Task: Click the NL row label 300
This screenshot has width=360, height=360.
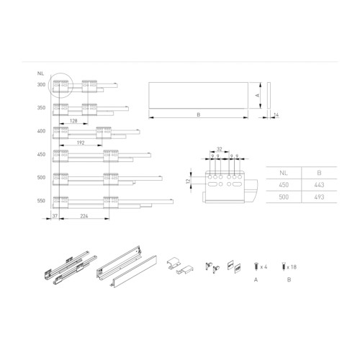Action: point(40,85)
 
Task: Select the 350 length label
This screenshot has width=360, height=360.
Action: point(40,108)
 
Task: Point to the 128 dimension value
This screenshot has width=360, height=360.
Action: point(73,122)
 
